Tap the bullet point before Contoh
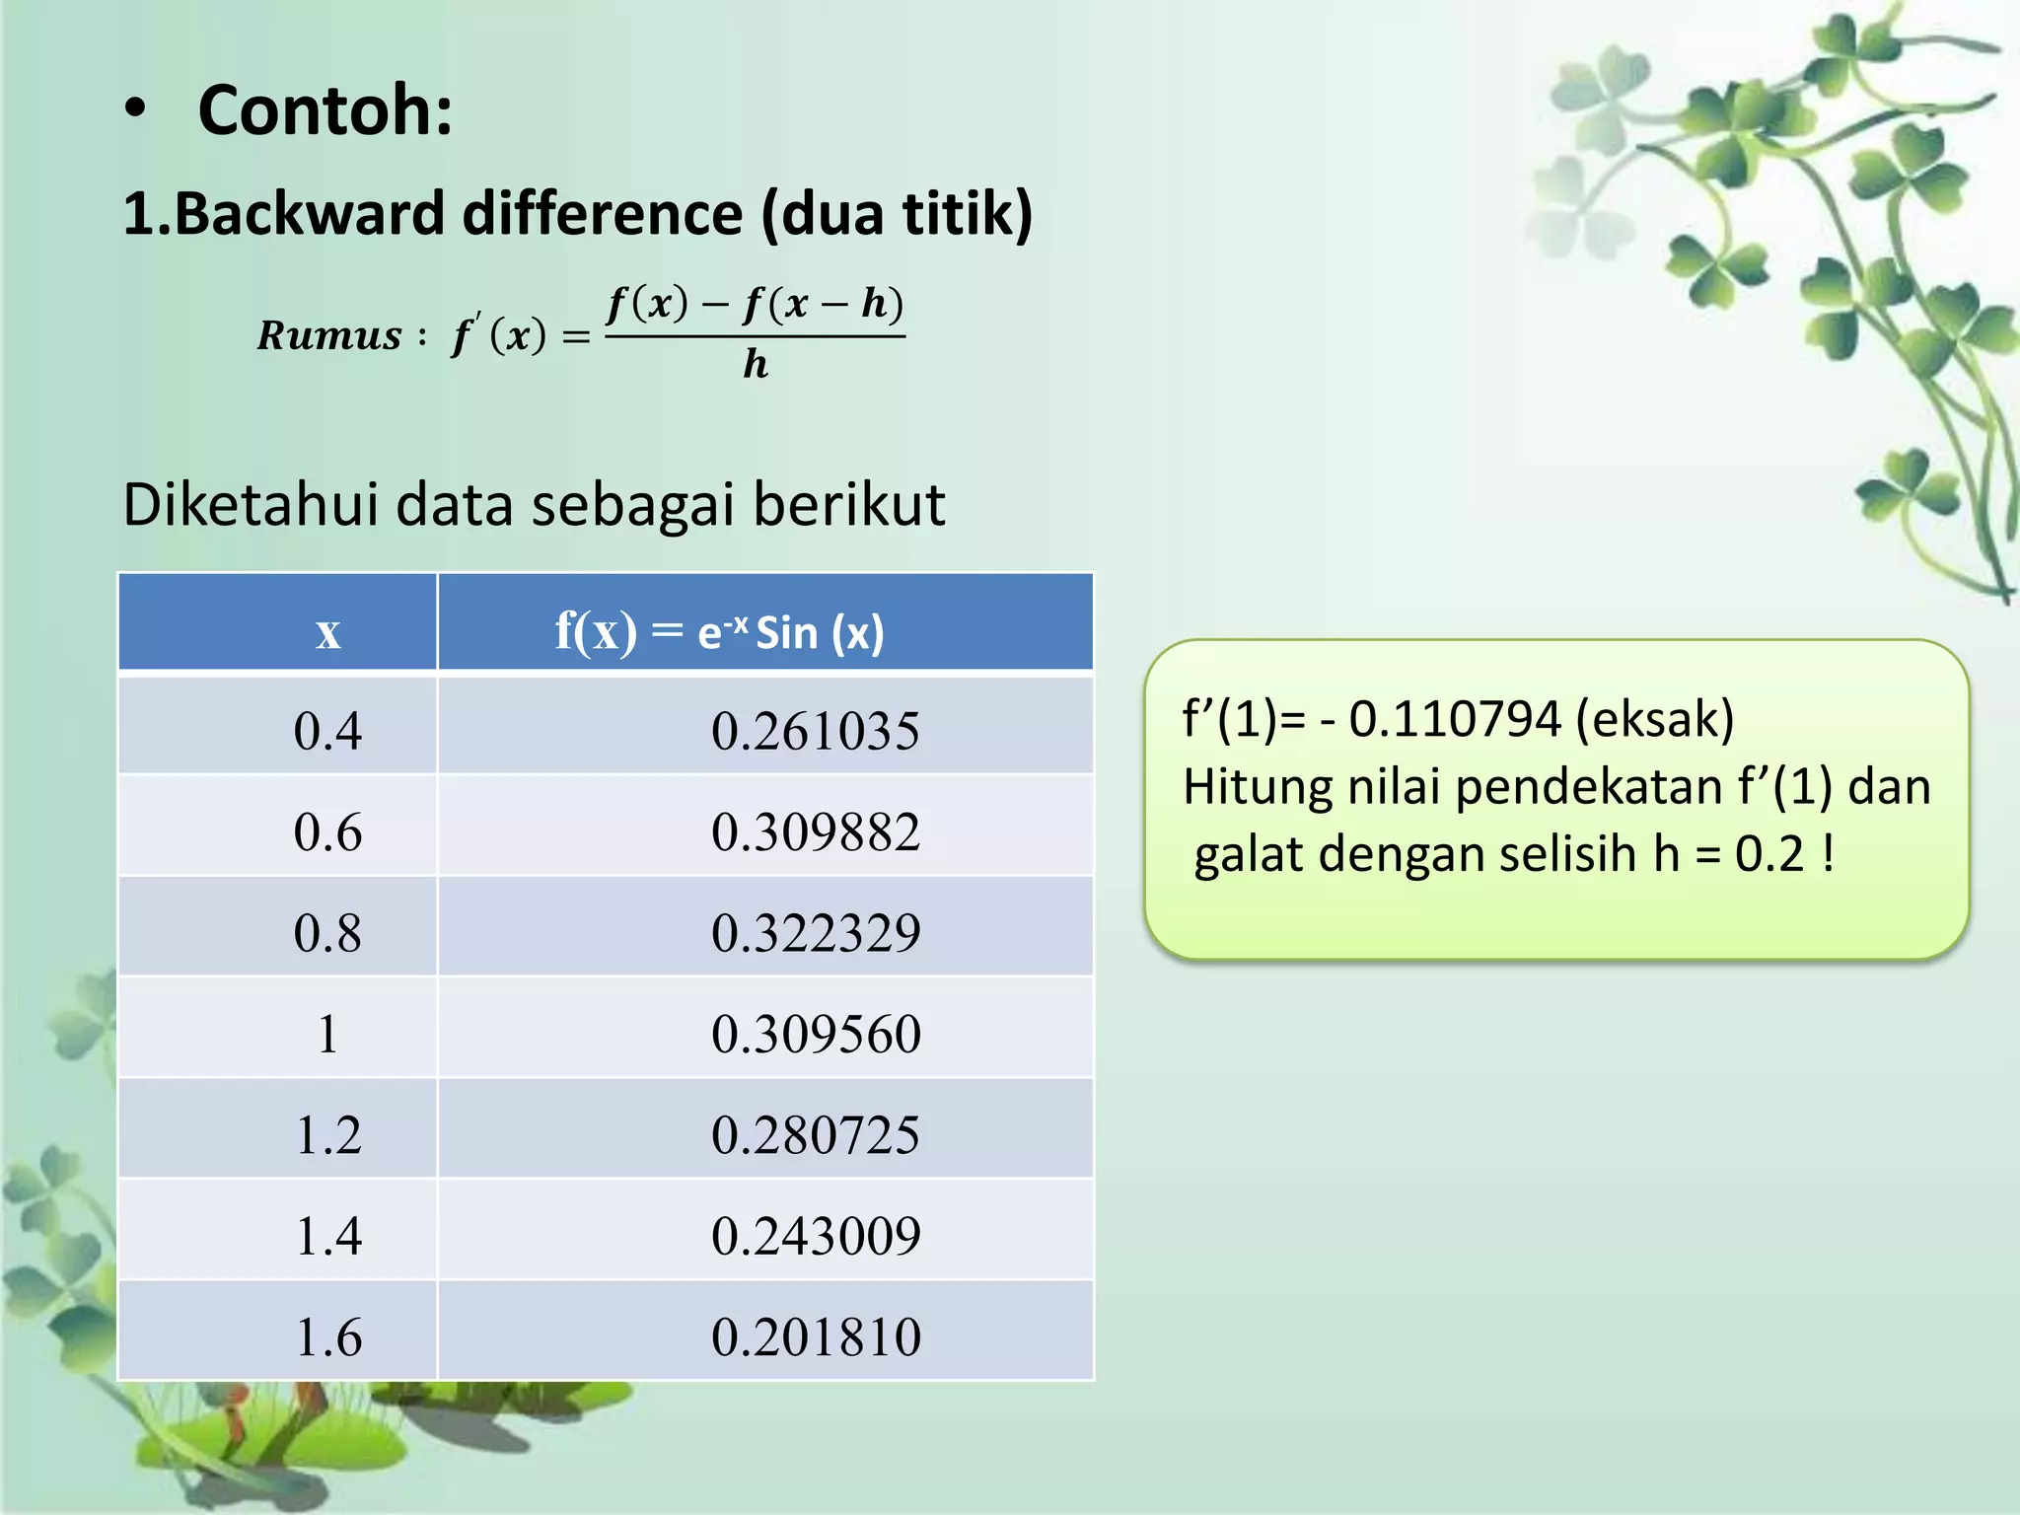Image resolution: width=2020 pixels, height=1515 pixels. tap(136, 110)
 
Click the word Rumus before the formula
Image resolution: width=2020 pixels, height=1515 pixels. tap(329, 336)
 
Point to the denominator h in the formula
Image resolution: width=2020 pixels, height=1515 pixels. tap(756, 364)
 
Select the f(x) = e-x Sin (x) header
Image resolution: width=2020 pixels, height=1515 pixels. tap(719, 631)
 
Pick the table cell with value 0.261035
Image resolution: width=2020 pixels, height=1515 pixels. tap(815, 732)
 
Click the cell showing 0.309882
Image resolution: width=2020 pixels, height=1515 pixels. tap(815, 832)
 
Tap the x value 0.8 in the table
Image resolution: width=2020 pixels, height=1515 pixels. tap(327, 933)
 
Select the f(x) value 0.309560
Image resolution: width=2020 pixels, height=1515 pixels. tap(816, 1035)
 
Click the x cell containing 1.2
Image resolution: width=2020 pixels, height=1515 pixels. tap(327, 1135)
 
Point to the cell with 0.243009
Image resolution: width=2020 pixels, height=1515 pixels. tap(816, 1236)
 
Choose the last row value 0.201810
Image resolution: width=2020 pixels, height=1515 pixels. tap(816, 1337)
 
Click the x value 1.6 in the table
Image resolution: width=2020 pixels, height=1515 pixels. tap(327, 1337)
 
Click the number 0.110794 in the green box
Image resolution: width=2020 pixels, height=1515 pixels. tap(1454, 719)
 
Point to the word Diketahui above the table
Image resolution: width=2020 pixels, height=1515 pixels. tap(251, 505)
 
